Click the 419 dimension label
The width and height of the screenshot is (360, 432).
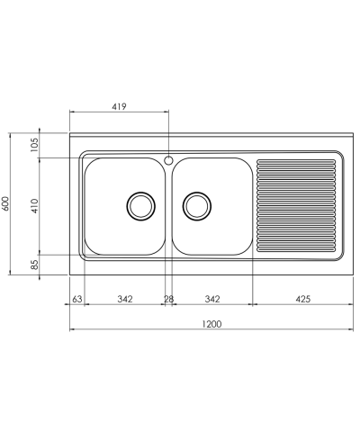coord(120,106)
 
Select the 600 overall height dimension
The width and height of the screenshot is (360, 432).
coord(6,203)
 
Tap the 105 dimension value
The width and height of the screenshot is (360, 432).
coord(35,145)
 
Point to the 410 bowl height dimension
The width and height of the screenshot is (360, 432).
coord(35,206)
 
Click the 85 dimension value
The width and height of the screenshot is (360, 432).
coord(35,265)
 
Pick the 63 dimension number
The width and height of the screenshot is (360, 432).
coord(77,299)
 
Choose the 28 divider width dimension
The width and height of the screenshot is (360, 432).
coord(168,299)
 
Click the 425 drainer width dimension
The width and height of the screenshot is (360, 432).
coord(303,299)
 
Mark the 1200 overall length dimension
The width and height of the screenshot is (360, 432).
coord(211,324)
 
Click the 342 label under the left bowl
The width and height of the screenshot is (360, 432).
coord(125,299)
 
